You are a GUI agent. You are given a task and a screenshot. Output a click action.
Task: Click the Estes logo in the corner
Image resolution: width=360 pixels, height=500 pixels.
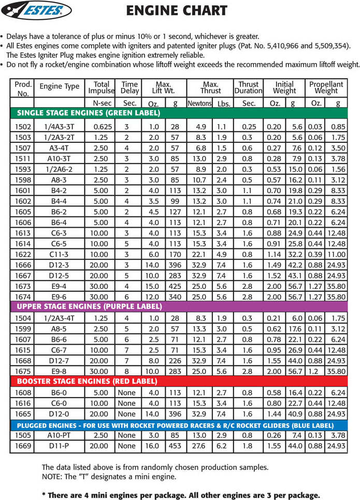pos(36,10)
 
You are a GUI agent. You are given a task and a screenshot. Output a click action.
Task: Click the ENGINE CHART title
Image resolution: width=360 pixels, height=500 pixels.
pos(177,10)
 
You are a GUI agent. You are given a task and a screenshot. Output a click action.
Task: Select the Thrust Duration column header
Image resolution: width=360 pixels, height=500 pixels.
pos(249,87)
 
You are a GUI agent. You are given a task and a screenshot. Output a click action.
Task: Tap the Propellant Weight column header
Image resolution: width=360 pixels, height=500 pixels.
pos(326,87)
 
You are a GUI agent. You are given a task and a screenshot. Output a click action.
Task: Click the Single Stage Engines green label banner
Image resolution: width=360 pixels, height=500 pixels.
pos(89,112)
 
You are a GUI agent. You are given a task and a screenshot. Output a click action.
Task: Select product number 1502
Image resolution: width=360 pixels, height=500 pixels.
pos(23,127)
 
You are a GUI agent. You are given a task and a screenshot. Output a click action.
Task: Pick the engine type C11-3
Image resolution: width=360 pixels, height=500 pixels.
pos(61,254)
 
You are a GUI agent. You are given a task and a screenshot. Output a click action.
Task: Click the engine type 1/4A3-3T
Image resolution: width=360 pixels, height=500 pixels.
pos(60,127)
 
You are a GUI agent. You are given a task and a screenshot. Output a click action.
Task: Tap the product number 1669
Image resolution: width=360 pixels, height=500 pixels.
pos(23,446)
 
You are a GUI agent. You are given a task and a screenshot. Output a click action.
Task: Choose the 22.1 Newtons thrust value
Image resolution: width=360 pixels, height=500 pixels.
pos(199,254)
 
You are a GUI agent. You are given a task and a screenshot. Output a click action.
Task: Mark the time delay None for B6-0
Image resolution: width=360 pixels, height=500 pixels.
pos(126,393)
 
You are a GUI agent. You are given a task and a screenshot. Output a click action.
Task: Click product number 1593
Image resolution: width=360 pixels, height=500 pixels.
pos(23,169)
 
